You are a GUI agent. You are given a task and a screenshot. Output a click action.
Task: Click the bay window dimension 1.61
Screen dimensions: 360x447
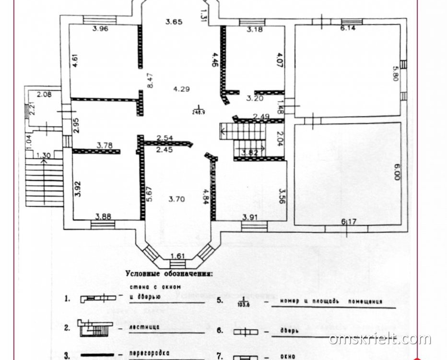(177, 256)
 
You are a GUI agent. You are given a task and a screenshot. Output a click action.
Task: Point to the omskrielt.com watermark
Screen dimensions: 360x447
(380, 339)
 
